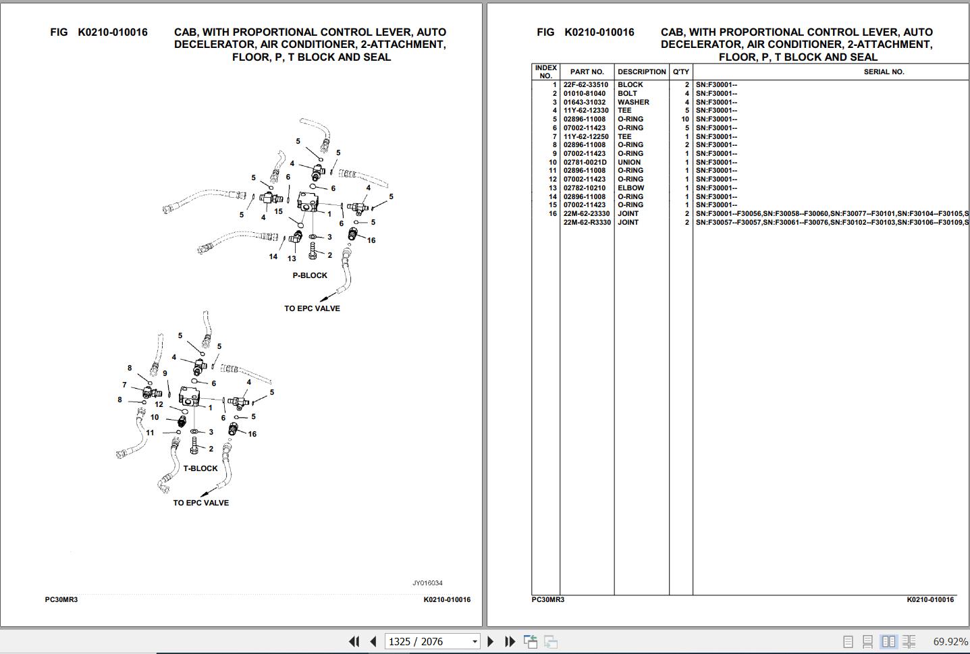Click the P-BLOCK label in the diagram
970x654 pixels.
tap(310, 275)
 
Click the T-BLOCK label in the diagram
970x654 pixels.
tap(200, 468)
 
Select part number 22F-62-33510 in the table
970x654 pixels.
tap(585, 85)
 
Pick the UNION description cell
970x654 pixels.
tap(628, 163)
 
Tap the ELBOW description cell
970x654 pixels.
tap(630, 188)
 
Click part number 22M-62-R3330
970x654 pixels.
tap(587, 223)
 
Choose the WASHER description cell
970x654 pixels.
tap(633, 102)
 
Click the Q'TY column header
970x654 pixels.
tap(680, 72)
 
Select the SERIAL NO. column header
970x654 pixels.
tap(884, 72)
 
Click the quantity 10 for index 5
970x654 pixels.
tap(684, 119)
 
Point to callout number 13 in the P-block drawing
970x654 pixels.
tap(292, 258)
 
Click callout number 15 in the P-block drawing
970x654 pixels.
tap(278, 211)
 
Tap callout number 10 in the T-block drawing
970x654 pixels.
tap(155, 417)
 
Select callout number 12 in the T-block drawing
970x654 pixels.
tap(159, 404)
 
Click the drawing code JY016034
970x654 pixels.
tap(427, 583)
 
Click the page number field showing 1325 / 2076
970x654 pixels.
tap(432, 641)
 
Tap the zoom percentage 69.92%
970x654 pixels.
tap(950, 641)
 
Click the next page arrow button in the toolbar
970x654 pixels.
tap(490, 641)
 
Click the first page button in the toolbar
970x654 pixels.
tap(354, 641)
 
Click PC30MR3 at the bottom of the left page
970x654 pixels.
tap(61, 600)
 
